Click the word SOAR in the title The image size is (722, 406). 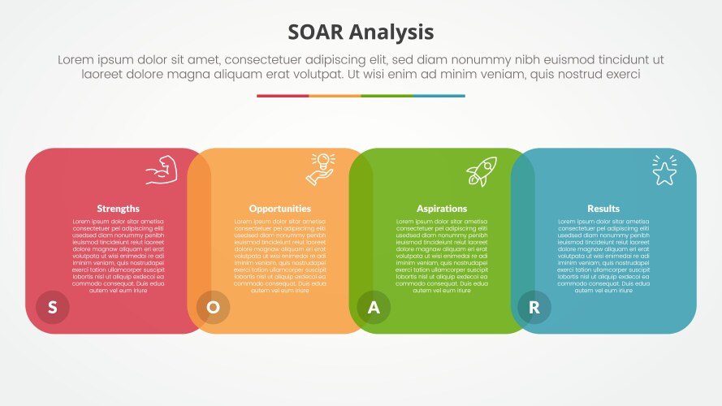coord(317,32)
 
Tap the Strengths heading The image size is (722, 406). coord(118,209)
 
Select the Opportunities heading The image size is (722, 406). coord(279,209)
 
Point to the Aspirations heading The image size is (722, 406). coord(442,209)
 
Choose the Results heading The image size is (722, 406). coord(603,209)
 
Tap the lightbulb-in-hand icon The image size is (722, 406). coord(320,169)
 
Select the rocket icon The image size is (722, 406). coord(481,171)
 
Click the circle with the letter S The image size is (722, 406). coord(53,307)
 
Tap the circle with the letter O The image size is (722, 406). coord(214,307)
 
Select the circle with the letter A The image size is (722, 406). coord(374,307)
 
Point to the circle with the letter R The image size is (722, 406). coord(534,307)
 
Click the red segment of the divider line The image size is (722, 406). coord(283,96)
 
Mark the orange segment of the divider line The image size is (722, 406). coord(335,96)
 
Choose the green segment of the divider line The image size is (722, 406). coord(387,96)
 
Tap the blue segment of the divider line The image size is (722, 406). coord(439,96)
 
